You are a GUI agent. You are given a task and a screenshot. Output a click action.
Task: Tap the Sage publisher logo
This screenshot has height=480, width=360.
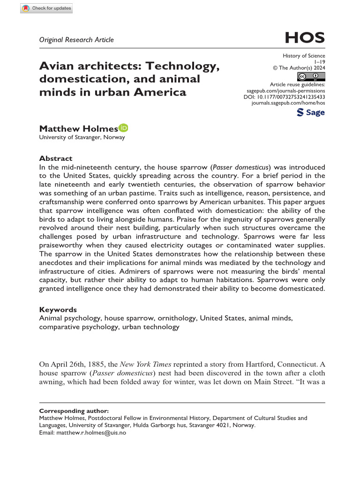click(311, 112)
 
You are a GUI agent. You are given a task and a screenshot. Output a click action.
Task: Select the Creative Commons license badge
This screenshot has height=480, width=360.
click(311, 77)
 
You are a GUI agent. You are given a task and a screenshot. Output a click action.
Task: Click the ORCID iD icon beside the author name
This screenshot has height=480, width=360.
click(124, 128)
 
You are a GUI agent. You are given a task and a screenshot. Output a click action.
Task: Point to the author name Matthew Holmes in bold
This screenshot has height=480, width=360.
click(78, 128)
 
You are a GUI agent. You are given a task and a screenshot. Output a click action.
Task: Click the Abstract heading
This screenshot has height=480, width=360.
click(55, 158)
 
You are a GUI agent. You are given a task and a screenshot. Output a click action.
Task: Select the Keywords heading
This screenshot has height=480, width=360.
click(58, 309)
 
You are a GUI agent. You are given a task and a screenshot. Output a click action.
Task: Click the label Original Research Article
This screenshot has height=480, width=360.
click(76, 40)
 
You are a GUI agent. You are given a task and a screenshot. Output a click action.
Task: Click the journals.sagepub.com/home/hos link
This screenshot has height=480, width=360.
click(288, 102)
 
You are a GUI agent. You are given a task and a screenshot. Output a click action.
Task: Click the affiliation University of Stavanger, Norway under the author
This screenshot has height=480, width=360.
click(82, 137)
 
